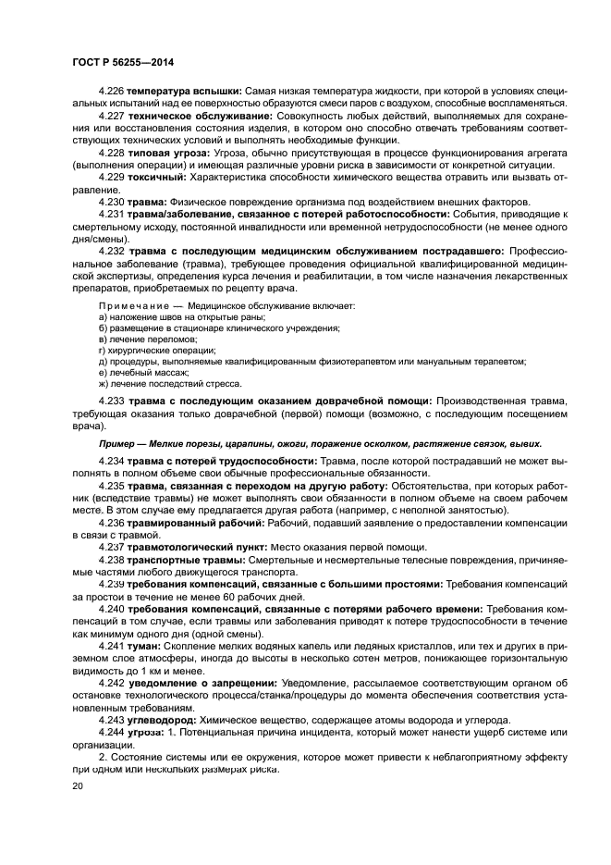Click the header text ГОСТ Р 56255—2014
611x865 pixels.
122,61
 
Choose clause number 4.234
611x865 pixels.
112,460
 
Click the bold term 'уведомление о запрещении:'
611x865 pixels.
194,682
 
